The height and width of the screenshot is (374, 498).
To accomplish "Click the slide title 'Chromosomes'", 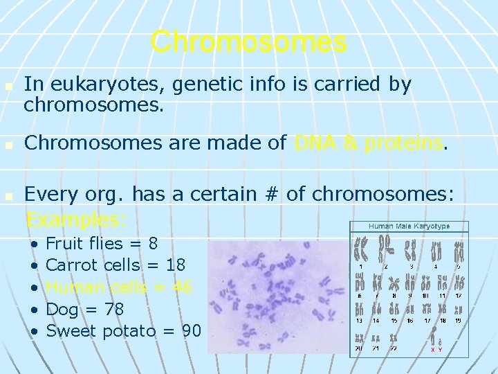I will pos(248,42).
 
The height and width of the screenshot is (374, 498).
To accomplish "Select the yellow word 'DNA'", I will pos(315,143).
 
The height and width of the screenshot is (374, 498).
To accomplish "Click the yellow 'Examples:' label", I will pos(75,220).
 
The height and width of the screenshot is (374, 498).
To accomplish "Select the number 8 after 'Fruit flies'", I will pos(153,244).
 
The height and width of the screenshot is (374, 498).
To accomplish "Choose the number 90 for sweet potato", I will pos(190,330).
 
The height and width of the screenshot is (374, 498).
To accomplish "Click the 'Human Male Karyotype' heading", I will pos(409,226).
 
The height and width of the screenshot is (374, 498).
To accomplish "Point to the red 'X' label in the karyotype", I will pos(432,350).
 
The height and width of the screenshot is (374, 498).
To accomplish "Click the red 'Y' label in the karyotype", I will pos(441,350).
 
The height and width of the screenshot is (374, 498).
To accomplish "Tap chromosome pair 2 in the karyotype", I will pos(386,248).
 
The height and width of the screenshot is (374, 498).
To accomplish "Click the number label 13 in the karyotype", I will pos(359,321).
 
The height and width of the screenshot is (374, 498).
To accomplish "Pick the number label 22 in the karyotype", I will pos(393,348).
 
